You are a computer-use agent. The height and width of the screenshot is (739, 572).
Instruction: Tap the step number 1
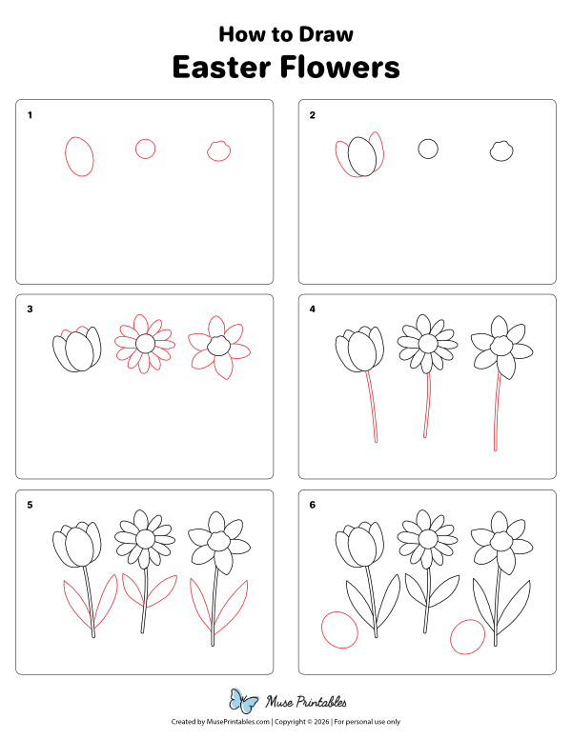point(31,115)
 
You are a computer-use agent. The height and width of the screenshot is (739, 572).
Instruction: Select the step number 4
point(312,310)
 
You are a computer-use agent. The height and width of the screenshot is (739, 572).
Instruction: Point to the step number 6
point(312,504)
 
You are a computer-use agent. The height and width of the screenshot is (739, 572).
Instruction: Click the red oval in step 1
point(80,156)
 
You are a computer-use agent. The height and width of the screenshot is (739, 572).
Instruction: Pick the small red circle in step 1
point(145,149)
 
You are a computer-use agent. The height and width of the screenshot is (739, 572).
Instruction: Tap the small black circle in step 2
point(428,149)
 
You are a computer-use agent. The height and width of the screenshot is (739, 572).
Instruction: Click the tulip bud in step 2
point(360,156)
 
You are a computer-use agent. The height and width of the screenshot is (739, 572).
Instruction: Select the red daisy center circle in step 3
point(145,344)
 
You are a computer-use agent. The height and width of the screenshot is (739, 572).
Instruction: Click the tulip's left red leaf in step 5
point(75,606)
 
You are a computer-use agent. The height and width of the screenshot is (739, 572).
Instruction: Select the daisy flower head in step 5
point(145,539)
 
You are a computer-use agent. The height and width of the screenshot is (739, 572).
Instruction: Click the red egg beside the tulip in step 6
point(339,629)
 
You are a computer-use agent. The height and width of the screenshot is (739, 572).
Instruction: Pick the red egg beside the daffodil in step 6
point(466,636)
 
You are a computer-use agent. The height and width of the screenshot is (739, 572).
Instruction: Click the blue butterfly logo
point(245,702)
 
